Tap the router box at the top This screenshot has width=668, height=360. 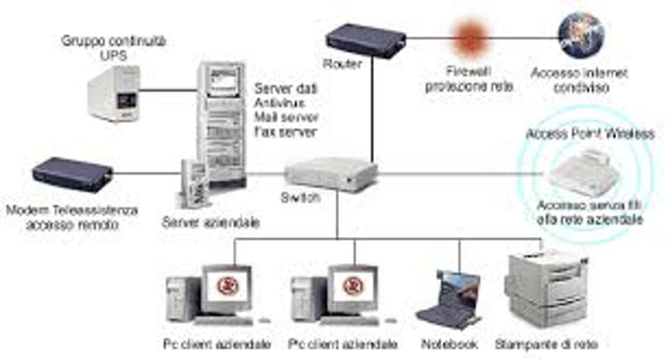[365, 41]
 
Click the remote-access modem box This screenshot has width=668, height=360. [72, 174]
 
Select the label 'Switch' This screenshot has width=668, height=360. [300, 198]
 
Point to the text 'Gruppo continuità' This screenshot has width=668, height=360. [114, 42]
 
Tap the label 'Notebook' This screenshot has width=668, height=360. [450, 345]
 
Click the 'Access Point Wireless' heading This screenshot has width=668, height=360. [590, 134]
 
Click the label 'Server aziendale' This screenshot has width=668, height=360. [210, 224]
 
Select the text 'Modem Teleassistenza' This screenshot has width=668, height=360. [72, 210]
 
